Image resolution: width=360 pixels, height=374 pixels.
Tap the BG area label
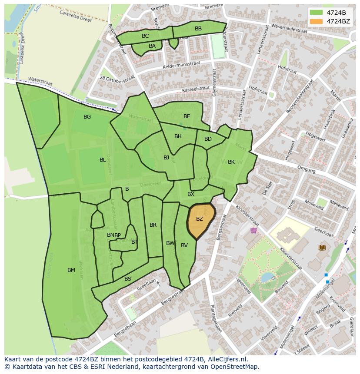point(87,117)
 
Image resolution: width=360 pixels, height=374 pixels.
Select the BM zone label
point(71,270)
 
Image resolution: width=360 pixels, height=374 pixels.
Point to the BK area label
point(231,162)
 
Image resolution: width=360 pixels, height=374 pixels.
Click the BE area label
point(187,116)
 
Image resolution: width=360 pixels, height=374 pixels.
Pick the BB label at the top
point(198,29)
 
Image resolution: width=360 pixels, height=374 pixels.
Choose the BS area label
point(128,279)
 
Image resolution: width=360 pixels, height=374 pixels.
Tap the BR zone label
point(153,225)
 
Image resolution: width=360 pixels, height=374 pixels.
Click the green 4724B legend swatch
point(317,13)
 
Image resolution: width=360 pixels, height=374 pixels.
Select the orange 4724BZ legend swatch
point(317,21)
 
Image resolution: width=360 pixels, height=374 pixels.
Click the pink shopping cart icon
point(253,230)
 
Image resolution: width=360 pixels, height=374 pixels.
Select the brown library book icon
point(322,248)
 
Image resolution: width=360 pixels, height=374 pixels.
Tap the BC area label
point(145,36)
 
